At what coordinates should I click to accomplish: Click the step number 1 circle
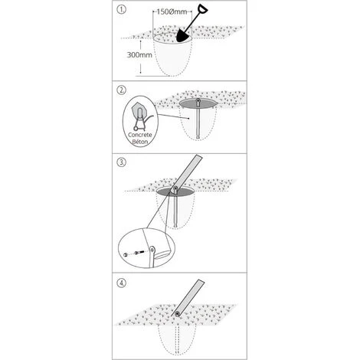click(121, 10)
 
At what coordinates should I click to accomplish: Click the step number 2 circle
click(121, 90)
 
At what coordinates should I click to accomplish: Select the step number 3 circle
click(121, 162)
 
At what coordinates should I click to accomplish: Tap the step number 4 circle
click(121, 283)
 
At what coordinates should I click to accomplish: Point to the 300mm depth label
click(139, 55)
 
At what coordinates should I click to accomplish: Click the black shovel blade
click(184, 35)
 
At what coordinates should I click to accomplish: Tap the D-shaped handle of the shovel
click(202, 9)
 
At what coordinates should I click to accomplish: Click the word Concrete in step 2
click(140, 135)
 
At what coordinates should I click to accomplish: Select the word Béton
click(140, 142)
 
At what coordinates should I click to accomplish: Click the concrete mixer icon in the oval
click(140, 117)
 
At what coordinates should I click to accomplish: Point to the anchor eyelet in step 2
click(198, 102)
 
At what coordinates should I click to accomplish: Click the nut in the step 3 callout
click(126, 255)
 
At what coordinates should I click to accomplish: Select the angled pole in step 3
click(188, 172)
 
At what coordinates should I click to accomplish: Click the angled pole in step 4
click(189, 298)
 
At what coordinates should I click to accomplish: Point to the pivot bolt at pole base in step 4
click(177, 313)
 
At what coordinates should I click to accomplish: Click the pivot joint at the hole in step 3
click(175, 189)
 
